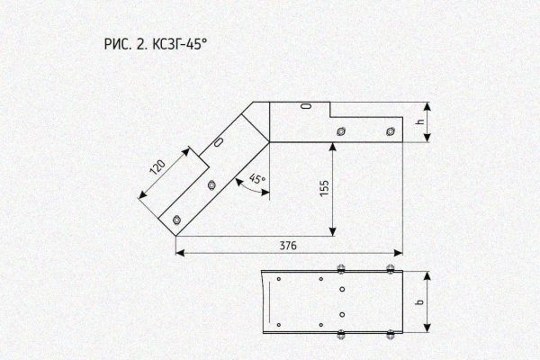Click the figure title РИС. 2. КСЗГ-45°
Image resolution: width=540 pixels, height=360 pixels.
click(156, 44)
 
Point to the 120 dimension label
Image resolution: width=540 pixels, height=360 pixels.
click(158, 167)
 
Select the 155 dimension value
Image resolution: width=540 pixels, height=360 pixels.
click(324, 188)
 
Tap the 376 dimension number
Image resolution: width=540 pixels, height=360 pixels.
click(288, 246)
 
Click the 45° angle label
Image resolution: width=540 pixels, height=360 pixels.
click(257, 178)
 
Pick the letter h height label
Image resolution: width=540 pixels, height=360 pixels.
click(419, 121)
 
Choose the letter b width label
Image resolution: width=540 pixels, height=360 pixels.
click(419, 301)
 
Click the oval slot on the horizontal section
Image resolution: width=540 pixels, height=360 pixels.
click(306, 106)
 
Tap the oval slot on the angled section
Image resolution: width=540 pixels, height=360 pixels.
click(219, 142)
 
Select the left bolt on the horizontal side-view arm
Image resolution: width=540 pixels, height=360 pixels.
click(341, 131)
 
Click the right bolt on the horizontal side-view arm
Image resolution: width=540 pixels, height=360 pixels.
click(391, 131)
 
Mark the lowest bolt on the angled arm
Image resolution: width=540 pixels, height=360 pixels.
click(176, 220)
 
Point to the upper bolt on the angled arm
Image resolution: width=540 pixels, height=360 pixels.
click(211, 185)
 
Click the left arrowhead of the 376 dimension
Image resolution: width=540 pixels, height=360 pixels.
click(180, 253)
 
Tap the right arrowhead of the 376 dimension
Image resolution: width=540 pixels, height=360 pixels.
click(399, 253)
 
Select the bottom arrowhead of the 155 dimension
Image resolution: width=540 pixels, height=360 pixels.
click(332, 232)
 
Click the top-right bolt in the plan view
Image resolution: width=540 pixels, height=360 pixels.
click(391, 268)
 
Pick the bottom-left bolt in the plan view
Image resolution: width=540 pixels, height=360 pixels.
click(341, 334)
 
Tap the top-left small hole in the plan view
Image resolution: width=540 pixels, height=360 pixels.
click(279, 279)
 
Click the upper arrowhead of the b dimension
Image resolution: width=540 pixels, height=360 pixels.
click(427, 276)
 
